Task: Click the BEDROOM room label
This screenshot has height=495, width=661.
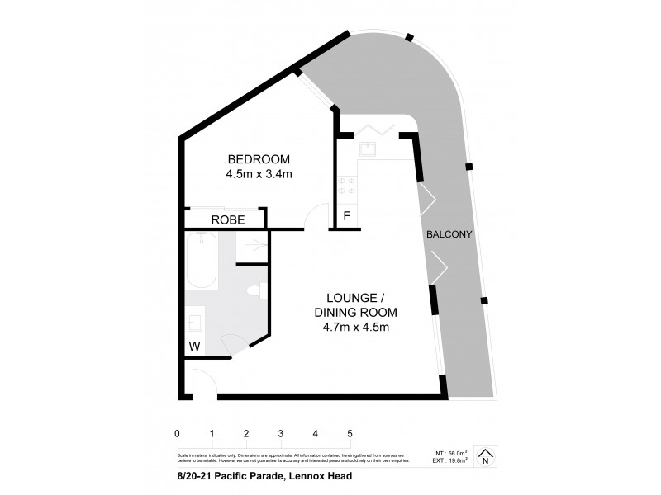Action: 259,158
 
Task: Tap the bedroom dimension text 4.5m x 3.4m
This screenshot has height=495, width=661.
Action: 259,174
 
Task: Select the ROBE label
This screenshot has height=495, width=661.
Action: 226,219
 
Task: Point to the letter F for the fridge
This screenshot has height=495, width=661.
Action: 346,218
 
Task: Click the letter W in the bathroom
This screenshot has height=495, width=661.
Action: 194,346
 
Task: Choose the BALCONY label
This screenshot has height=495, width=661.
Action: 449,234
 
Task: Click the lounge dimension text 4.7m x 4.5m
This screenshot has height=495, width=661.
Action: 356,327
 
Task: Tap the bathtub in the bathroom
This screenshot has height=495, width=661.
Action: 201,259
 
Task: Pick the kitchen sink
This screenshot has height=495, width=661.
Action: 369,149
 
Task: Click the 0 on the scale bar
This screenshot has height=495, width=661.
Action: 178,433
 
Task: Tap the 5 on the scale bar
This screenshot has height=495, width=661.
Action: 350,433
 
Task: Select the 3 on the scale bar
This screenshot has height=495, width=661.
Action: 281,433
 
